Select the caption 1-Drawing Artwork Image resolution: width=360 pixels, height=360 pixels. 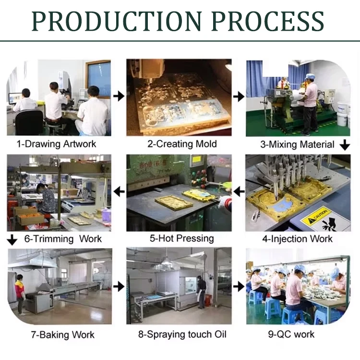[56, 144]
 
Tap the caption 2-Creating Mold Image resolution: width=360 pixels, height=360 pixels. [179, 144]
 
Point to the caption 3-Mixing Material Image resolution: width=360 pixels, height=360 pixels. [297, 144]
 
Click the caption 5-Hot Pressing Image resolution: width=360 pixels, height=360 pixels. [179, 238]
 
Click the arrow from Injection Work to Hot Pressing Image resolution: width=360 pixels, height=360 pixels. [239, 192]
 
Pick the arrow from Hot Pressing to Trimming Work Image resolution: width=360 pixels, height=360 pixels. [118, 192]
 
